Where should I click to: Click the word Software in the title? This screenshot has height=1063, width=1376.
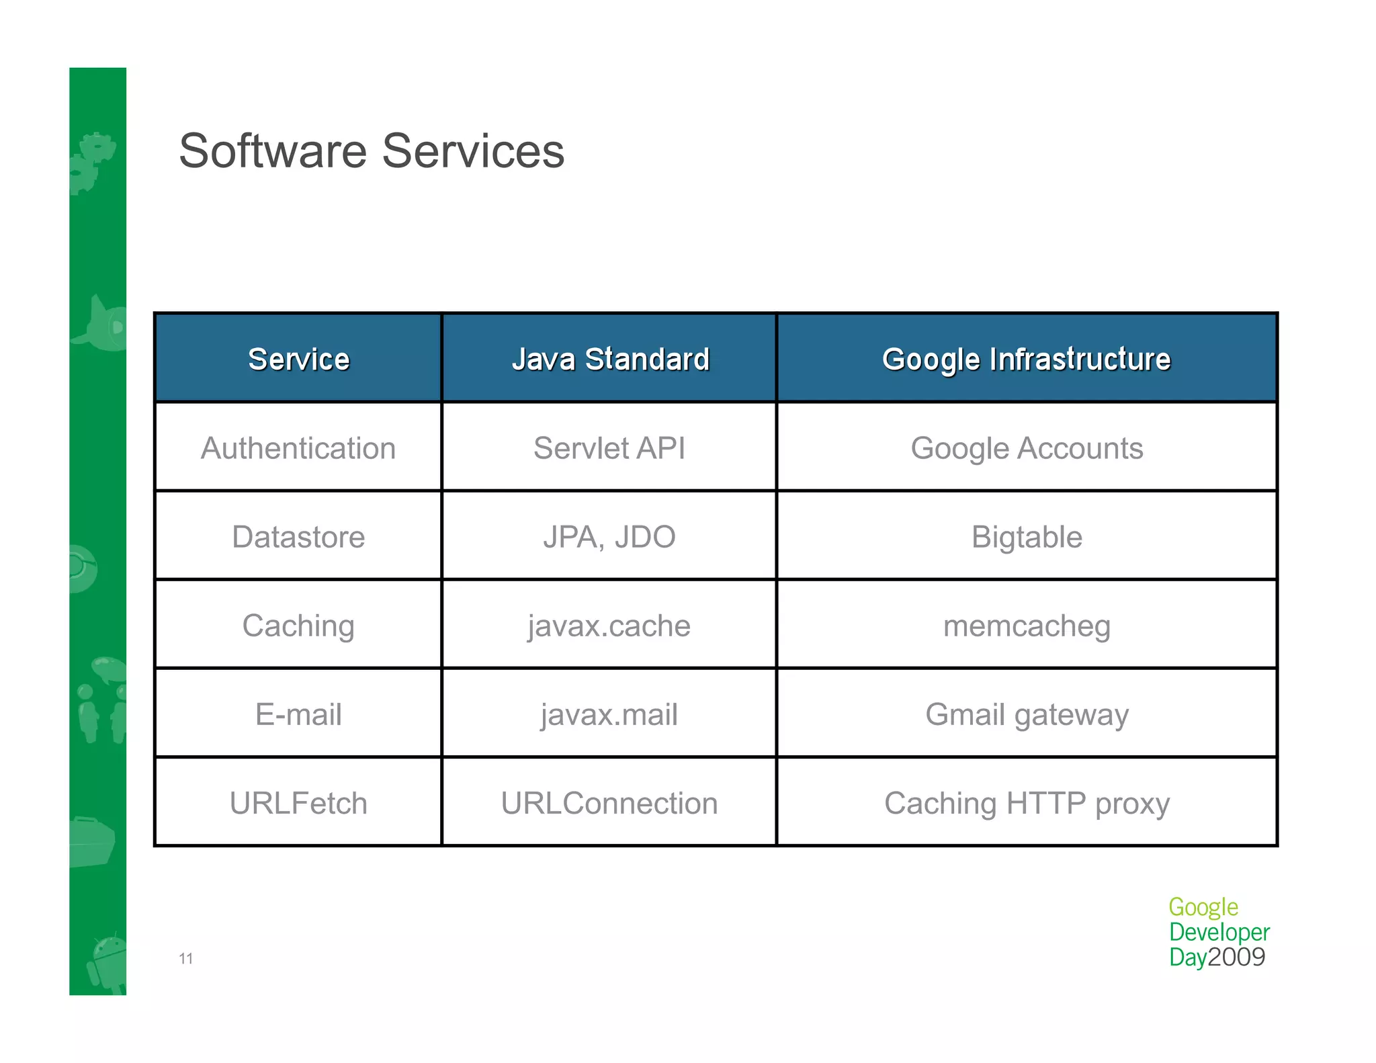tap(271, 151)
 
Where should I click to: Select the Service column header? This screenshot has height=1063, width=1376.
tap(298, 359)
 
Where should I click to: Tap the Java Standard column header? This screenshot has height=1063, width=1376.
tap(609, 359)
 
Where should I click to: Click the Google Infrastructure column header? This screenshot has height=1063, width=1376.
tap(1026, 359)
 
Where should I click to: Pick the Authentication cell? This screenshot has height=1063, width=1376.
tap(298, 448)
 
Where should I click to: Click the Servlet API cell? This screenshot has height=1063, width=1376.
tap(609, 448)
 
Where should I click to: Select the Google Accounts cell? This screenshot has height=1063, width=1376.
tap(1026, 448)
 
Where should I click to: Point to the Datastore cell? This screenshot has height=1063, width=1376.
tap(298, 537)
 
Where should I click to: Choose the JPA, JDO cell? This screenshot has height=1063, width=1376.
tap(609, 537)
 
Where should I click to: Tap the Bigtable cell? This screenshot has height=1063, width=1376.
tap(1026, 537)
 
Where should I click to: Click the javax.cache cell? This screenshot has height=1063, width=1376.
tap(609, 626)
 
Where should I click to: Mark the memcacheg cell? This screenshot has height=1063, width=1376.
tap(1026, 626)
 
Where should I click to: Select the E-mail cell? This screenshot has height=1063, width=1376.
tap(298, 714)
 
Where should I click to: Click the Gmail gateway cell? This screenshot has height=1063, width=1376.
tap(1026, 714)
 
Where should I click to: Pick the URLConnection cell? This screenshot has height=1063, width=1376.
tap(609, 803)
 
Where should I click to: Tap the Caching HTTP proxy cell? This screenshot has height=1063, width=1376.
tap(1026, 803)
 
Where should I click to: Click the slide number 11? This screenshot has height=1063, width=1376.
tap(186, 959)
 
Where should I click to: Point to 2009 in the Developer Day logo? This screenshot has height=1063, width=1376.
tap(1236, 957)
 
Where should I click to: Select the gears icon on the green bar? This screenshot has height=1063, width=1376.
tap(92, 161)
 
